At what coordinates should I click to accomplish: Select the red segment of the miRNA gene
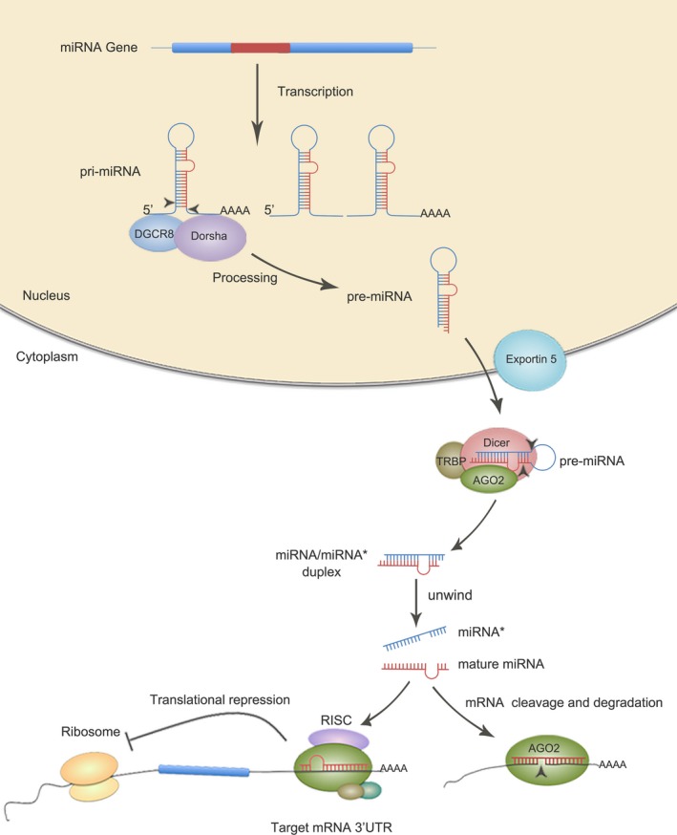click(260, 46)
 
